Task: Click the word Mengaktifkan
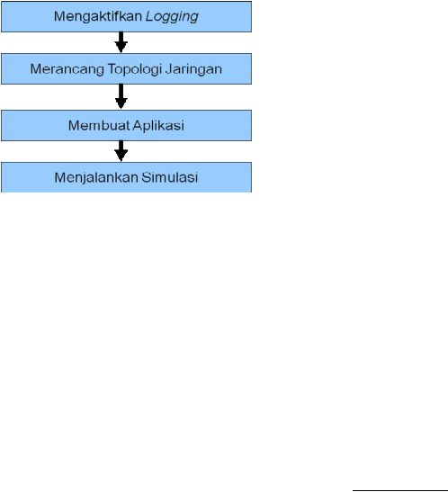pos(98,16)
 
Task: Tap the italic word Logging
pos(172,16)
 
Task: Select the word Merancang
pos(67,69)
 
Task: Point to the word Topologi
pos(135,69)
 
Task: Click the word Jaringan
pos(193,69)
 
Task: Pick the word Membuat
pos(99,126)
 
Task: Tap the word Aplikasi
pos(158,126)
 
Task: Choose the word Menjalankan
pos(96,177)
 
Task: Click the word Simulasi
pos(169,177)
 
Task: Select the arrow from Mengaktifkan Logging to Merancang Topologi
pos(121,42)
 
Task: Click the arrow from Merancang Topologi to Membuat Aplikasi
pos(121,96)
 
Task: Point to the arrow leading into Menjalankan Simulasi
pos(121,151)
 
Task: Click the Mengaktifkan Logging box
pos(126,16)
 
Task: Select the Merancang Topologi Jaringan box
pos(126,68)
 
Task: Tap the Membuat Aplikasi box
pos(126,126)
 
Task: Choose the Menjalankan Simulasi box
pos(126,177)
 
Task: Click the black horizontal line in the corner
pos(400,490)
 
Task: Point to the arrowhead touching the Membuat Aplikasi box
pos(121,103)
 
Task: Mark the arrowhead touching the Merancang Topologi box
pos(121,48)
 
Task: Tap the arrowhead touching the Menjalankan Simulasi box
pos(121,157)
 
